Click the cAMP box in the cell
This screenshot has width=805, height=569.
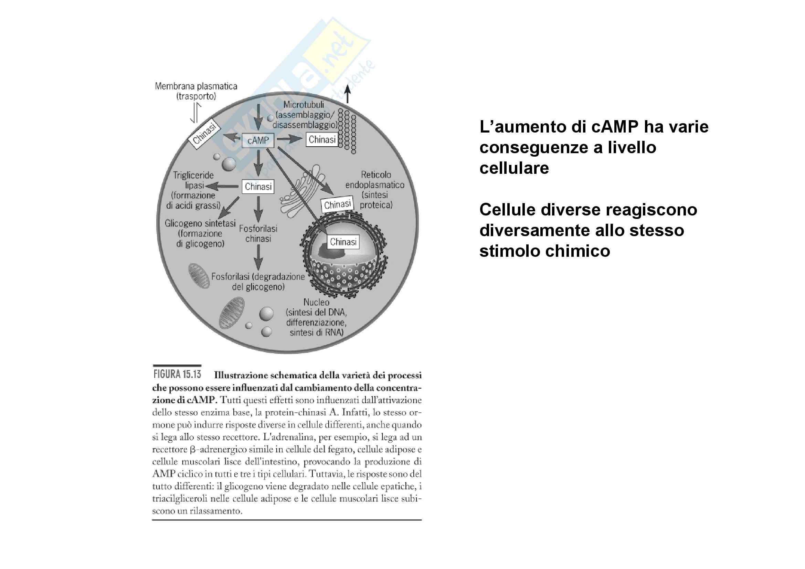(x=258, y=140)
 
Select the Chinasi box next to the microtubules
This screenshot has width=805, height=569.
(x=322, y=139)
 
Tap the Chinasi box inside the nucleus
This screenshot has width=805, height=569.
(x=343, y=242)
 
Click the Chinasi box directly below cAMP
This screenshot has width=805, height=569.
(x=258, y=187)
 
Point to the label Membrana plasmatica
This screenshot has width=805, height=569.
(x=196, y=86)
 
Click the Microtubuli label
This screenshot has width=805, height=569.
(x=304, y=105)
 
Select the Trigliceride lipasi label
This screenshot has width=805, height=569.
(x=193, y=180)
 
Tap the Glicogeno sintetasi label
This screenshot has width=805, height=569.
(x=200, y=223)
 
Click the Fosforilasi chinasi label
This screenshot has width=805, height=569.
(x=258, y=233)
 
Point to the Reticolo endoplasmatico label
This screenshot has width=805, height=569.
(x=375, y=179)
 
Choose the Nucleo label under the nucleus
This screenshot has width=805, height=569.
(x=316, y=302)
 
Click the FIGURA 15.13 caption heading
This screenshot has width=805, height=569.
(x=177, y=375)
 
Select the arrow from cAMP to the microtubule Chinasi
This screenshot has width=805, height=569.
(x=289, y=139)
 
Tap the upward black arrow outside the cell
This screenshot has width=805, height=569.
(x=348, y=94)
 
